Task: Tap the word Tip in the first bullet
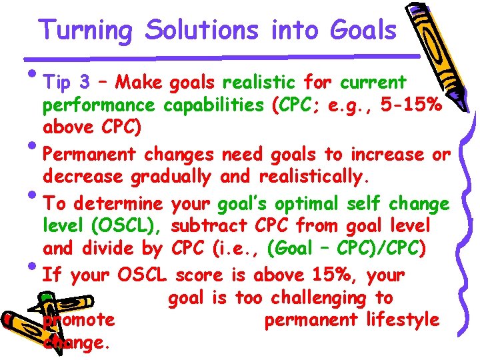[57, 83]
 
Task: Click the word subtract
[211, 226]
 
